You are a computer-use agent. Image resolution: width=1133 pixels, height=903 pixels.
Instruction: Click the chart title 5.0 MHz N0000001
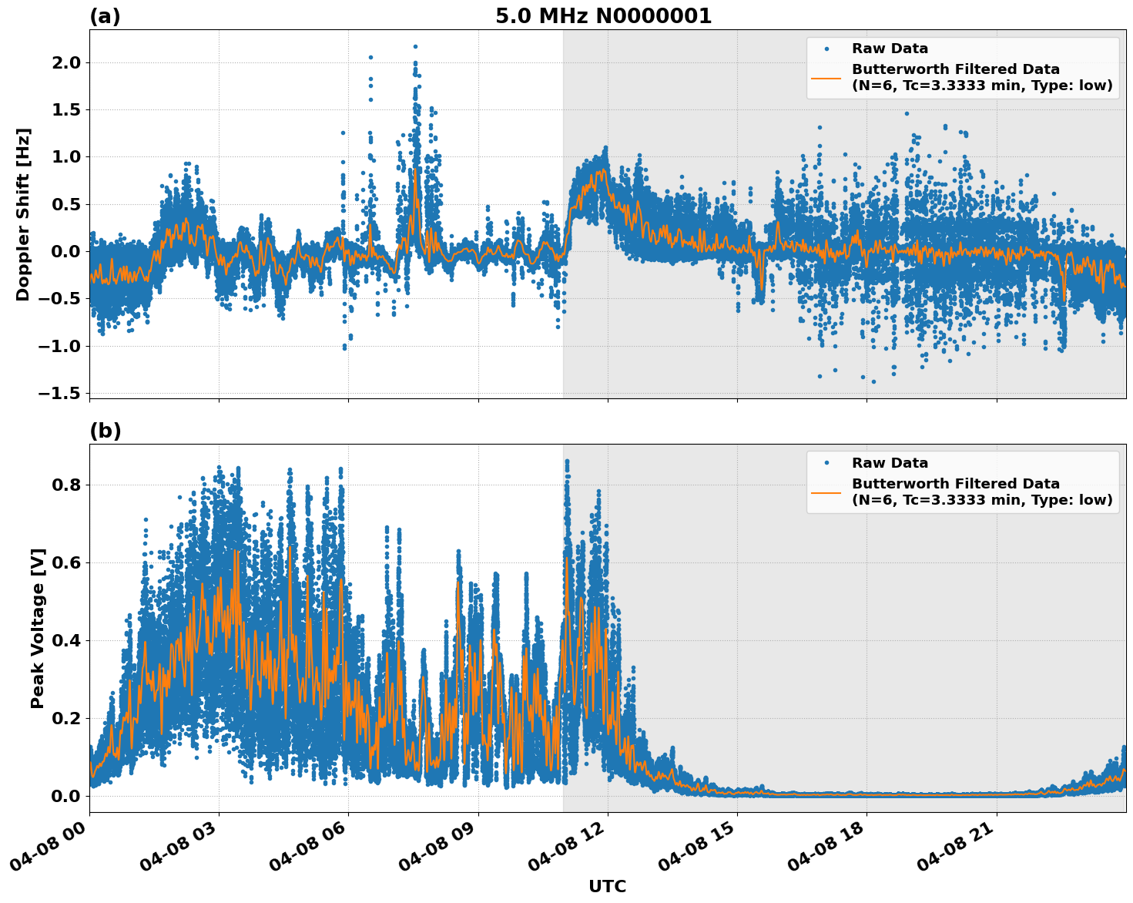(x=603, y=16)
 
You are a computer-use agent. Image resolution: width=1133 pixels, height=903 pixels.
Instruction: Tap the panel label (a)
(x=105, y=16)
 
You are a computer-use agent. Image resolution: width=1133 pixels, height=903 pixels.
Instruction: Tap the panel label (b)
(x=106, y=431)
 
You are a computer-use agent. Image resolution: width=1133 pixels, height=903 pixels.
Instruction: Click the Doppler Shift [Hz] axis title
(x=23, y=214)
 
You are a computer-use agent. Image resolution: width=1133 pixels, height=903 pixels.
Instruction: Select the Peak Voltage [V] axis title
(x=38, y=628)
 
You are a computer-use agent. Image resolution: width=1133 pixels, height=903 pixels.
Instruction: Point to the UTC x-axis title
(x=607, y=886)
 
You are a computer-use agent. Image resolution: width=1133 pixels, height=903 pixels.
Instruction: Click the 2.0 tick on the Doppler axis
(x=65, y=62)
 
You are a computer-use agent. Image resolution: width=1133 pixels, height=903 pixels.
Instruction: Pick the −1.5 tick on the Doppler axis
(x=59, y=394)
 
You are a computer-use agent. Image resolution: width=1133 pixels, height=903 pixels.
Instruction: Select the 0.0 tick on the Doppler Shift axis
(x=65, y=252)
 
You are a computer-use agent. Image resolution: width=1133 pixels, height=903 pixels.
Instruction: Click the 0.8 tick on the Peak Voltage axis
(x=65, y=485)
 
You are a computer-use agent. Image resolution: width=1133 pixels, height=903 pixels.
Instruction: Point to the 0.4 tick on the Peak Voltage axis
(x=65, y=641)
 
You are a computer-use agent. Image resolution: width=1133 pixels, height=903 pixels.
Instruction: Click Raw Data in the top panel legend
(x=890, y=49)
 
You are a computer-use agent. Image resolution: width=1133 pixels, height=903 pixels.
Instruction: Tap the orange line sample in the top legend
(x=826, y=77)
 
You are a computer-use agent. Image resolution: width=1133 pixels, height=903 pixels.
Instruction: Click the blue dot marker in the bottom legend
(x=826, y=463)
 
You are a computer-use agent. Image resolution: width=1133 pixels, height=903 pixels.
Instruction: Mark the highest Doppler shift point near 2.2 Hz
(x=415, y=46)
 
